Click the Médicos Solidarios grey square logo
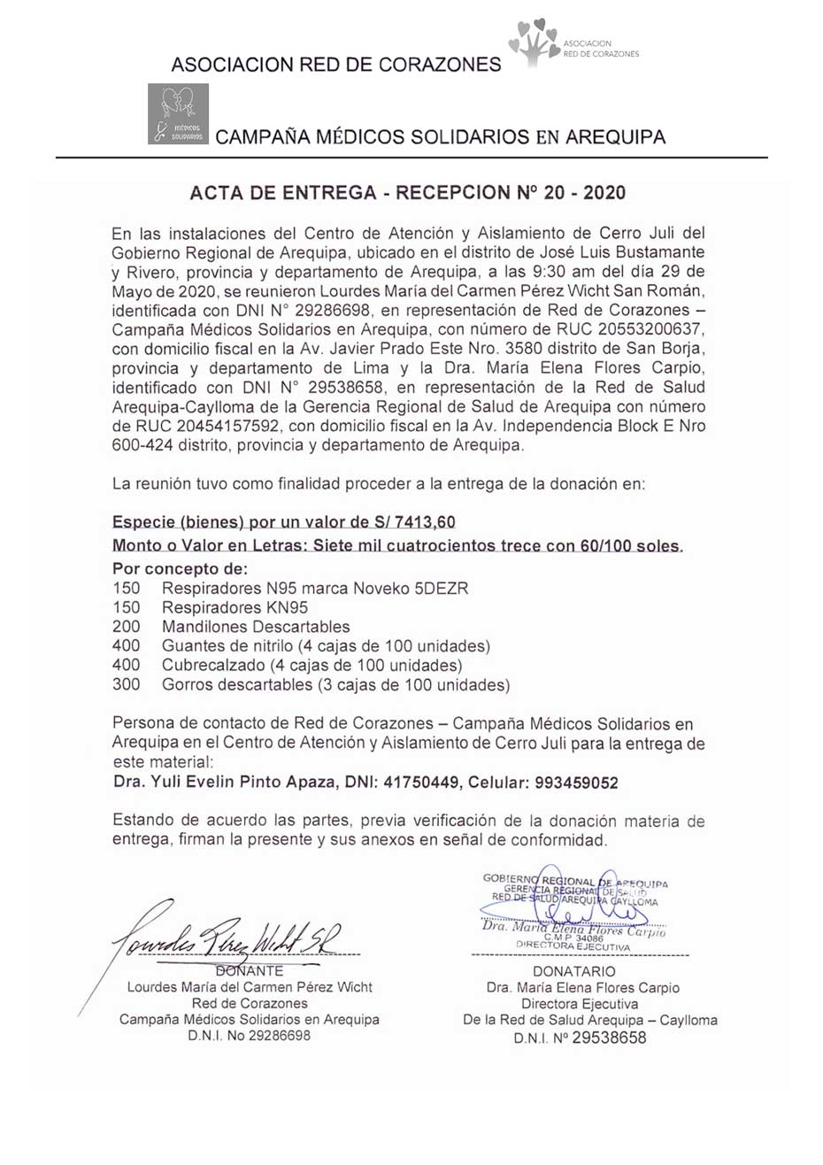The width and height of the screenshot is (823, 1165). tap(178, 113)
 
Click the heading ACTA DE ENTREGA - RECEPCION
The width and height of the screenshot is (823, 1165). tap(408, 192)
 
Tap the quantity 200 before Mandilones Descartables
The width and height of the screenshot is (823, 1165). tap(127, 626)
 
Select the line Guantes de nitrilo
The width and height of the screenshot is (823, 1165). tap(326, 645)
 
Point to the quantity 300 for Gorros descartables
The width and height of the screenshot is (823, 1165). tap(127, 684)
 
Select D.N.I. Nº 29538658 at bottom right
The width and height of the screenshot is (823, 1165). tap(580, 1038)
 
